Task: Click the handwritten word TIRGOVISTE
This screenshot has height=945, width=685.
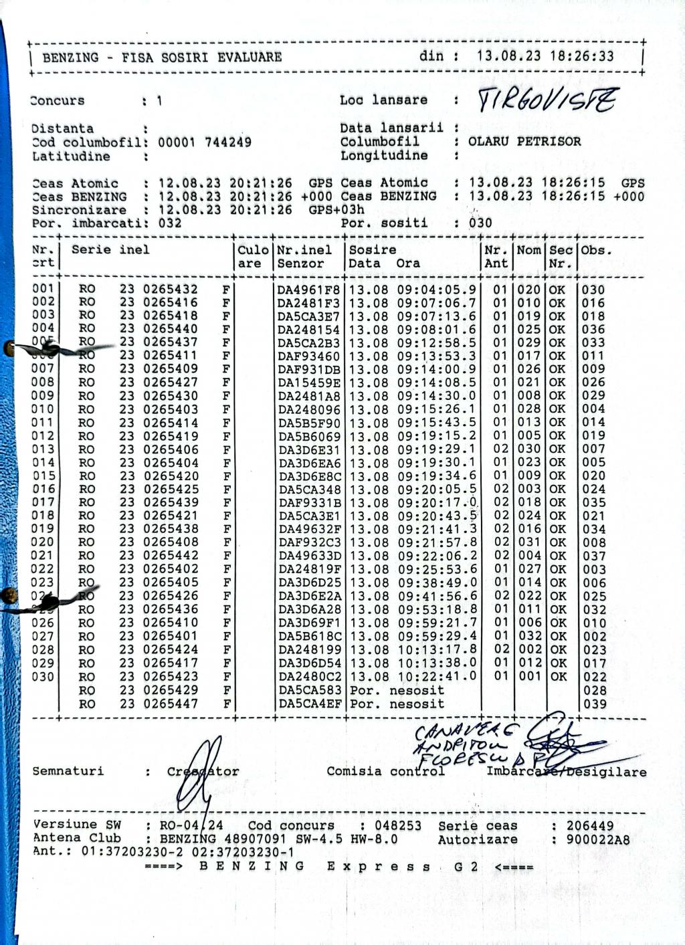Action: coord(548,101)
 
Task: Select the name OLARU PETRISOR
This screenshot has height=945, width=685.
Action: coord(524,142)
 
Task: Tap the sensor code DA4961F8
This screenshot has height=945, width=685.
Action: coord(309,290)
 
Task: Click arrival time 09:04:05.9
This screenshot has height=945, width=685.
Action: coord(437,290)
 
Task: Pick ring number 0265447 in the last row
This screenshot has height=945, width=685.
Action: coord(171,704)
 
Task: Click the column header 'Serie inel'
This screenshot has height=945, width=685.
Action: coord(110,250)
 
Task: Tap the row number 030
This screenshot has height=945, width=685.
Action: coord(43,676)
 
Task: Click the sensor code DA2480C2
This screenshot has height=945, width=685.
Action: coord(309,677)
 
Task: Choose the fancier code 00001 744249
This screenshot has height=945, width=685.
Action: coord(205,142)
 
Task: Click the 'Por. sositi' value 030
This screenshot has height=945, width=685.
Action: coord(480,223)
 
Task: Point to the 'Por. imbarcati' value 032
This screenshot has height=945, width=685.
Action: coord(170,223)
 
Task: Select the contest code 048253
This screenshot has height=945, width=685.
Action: coord(398,826)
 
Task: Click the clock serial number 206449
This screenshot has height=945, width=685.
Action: coord(590,826)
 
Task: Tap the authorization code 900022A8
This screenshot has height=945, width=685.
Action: coord(597,840)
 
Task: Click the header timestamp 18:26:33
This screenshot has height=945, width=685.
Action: coord(581,57)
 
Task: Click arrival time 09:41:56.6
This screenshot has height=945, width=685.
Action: coord(437,596)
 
